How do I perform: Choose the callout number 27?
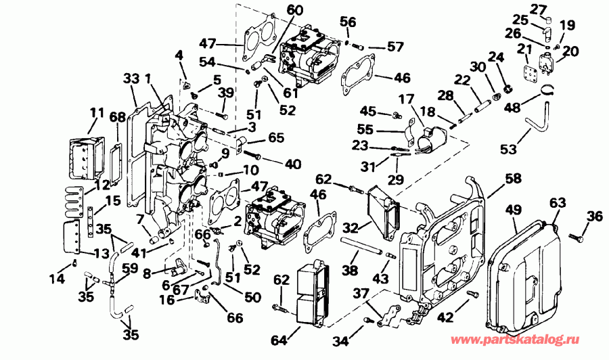pos(538,9)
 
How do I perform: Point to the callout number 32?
pos(351,227)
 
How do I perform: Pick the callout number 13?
pos(100,253)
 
